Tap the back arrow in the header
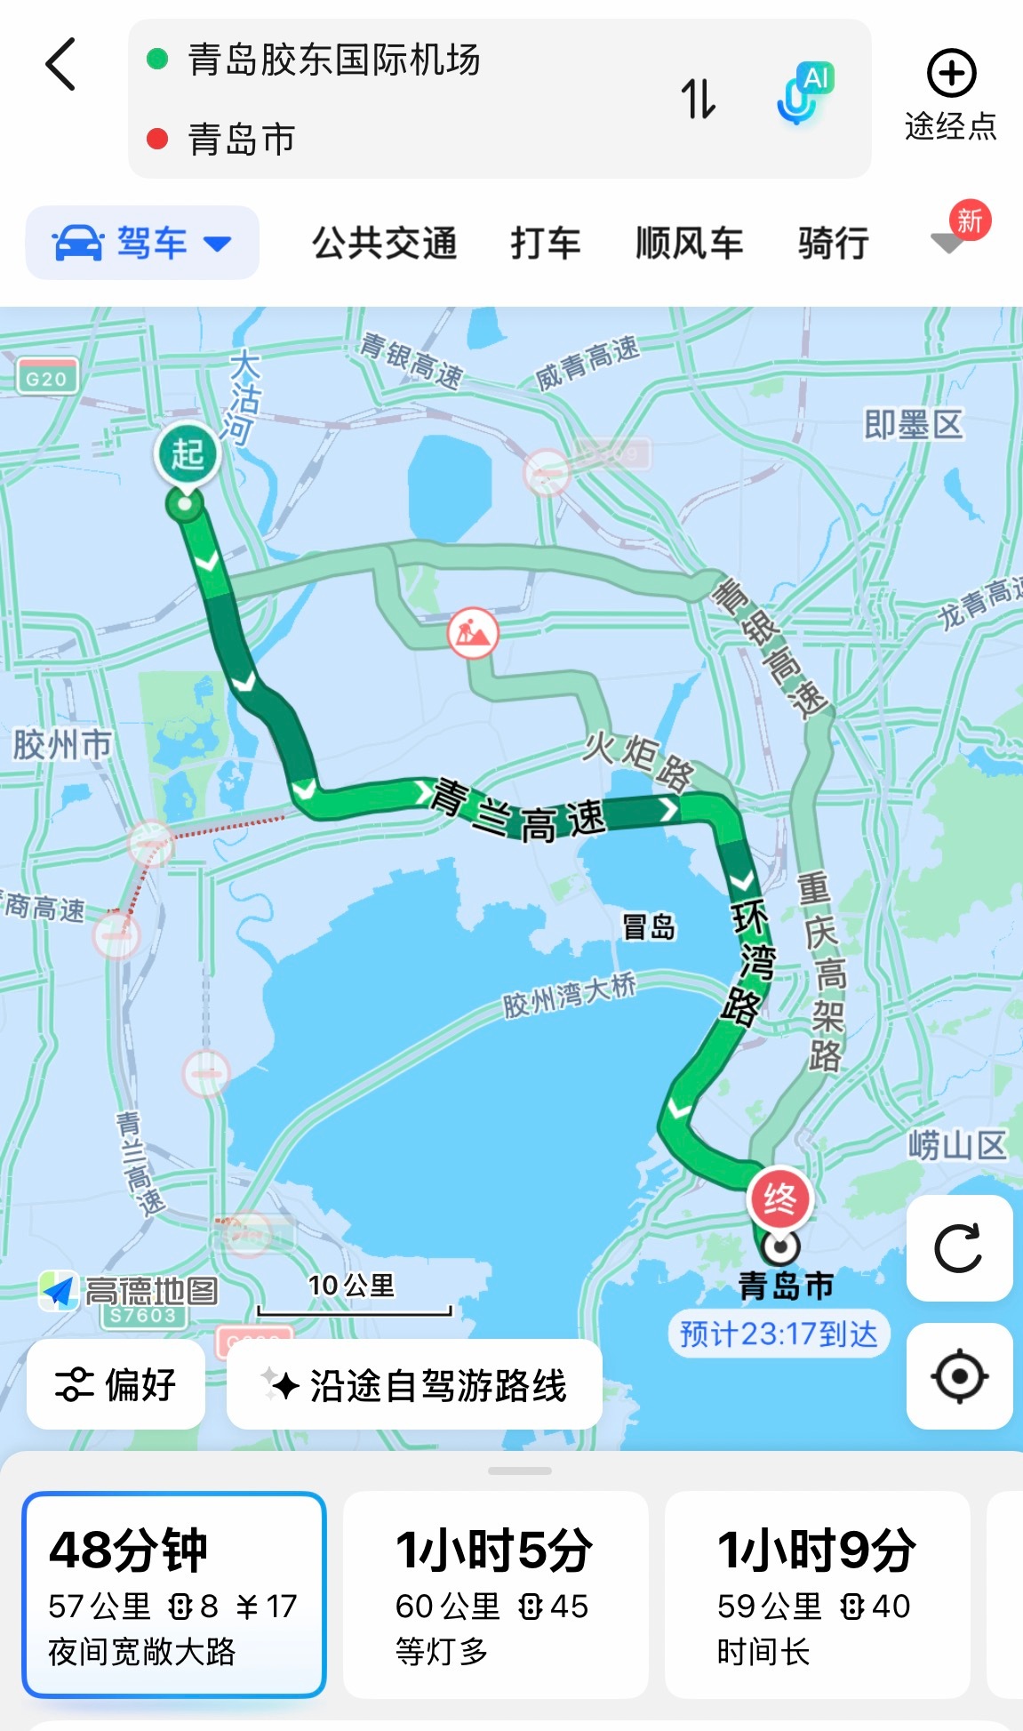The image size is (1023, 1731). [x=60, y=64]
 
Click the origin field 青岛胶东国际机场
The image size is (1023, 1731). [x=334, y=60]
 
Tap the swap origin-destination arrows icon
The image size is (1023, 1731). [x=698, y=99]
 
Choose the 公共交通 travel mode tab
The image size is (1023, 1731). [x=384, y=243]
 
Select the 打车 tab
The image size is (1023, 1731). [x=545, y=243]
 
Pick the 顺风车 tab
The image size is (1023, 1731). [x=689, y=243]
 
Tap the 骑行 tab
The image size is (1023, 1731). [x=833, y=243]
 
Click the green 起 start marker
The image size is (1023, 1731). [x=187, y=454]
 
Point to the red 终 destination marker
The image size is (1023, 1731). [x=779, y=1198]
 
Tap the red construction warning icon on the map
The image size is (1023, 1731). [x=473, y=633]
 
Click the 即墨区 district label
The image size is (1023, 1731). [x=913, y=425]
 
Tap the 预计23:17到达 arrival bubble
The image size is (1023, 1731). [x=778, y=1334]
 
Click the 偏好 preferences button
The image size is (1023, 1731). [x=116, y=1384]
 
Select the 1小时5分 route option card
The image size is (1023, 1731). [x=495, y=1594]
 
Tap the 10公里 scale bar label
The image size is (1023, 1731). [x=352, y=1286]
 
